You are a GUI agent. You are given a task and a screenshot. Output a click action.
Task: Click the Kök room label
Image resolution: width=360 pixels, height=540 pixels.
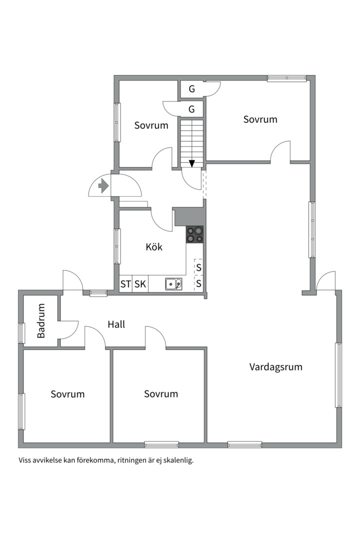[154, 247]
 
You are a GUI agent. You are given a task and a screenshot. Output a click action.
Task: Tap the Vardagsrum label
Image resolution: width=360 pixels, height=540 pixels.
[276, 367]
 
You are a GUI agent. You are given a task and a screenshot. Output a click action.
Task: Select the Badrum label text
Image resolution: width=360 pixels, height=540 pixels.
[41, 320]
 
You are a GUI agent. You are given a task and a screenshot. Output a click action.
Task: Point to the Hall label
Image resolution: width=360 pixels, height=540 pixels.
[116, 324]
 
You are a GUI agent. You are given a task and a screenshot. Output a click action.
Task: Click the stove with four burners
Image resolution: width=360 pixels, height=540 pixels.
[194, 234]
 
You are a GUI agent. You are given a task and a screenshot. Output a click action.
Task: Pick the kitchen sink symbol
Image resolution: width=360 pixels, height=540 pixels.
[173, 284]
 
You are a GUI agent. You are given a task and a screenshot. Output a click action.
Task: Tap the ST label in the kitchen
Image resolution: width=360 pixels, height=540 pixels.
[125, 284]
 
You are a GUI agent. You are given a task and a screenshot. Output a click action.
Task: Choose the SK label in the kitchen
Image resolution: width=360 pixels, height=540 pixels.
[140, 284]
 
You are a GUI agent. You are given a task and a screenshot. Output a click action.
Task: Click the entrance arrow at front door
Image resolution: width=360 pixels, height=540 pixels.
[103, 186]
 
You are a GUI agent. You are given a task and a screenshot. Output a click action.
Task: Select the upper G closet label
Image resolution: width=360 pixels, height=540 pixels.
[192, 89]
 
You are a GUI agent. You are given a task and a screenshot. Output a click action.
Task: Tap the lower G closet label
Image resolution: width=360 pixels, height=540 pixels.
[192, 109]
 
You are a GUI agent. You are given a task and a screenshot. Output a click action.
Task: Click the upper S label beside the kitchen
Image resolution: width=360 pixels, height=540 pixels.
[199, 267]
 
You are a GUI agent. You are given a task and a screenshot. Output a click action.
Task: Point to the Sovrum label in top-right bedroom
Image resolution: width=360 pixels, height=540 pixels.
[260, 119]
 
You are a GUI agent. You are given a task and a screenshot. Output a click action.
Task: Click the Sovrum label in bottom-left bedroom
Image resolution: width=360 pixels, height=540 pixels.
[67, 394]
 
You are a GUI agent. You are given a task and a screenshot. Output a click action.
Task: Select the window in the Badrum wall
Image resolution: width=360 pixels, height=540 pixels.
[21, 333]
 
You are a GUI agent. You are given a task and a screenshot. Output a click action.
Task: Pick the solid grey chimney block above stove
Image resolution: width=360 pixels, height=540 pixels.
[189, 216]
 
